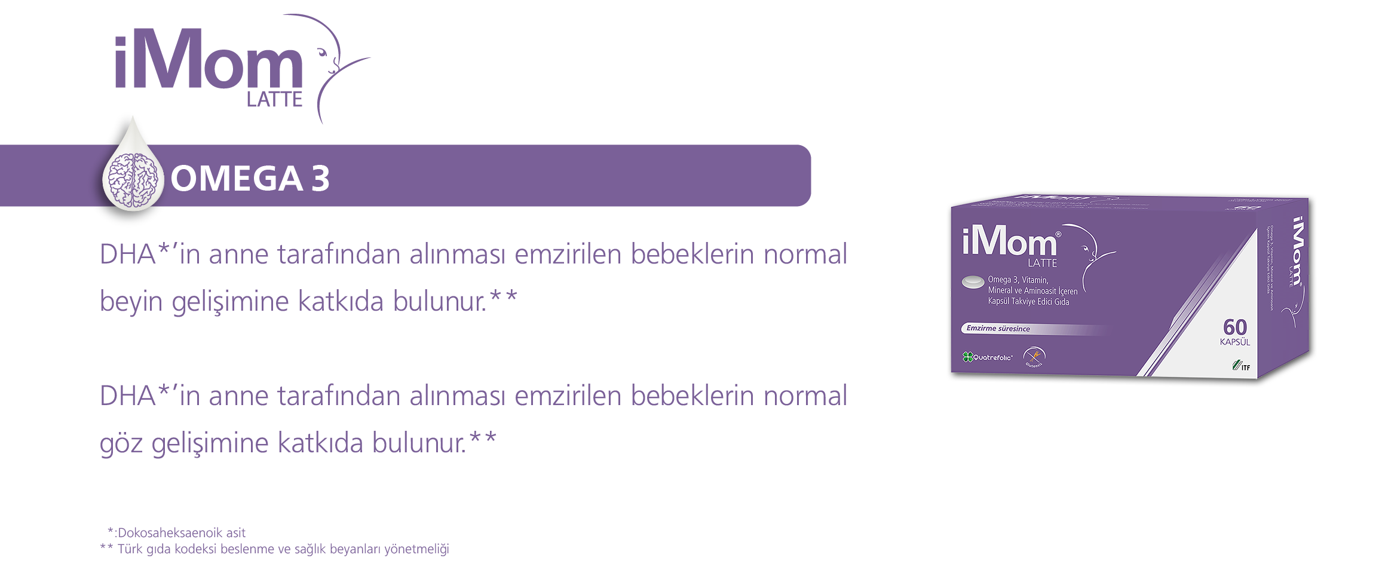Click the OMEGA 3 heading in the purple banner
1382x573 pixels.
250,178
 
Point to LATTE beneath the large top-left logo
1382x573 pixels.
274,100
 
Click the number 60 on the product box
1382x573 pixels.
1234,327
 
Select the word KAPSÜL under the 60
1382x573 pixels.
1234,342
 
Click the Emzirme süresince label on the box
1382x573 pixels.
998,329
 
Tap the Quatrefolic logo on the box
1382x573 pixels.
988,357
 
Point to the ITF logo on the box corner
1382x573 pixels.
1240,366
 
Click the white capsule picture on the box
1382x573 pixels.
973,281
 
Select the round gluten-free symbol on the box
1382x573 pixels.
1034,357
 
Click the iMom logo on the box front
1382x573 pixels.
1010,243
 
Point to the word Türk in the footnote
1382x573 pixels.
130,549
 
